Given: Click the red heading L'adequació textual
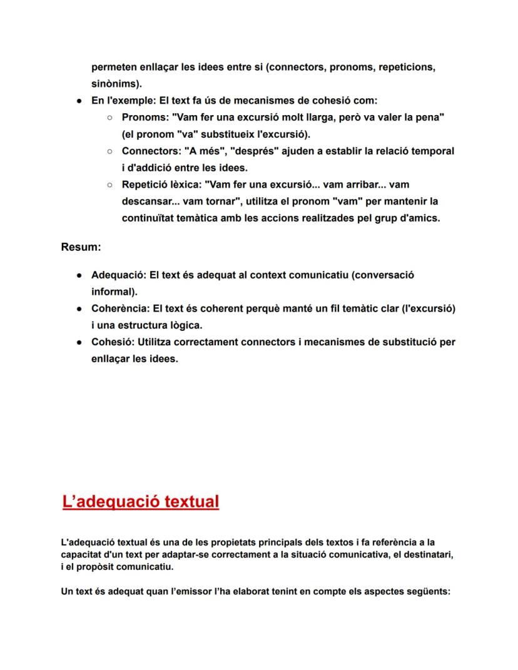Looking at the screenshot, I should tap(141, 502).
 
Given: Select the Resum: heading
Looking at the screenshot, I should tap(81, 247).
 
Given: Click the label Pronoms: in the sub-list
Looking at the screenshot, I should tap(145, 118).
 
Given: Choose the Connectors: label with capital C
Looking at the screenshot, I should tap(150, 151).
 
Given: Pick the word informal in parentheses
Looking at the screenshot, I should tap(113, 292).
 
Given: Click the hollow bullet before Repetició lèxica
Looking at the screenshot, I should tap(109, 185).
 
